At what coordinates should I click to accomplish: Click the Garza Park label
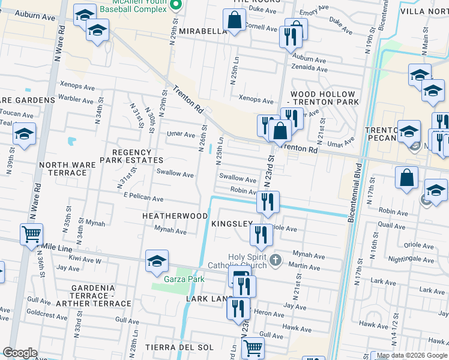pos(184,279)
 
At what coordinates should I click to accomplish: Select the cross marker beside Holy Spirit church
pos(276,260)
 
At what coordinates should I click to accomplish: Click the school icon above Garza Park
pos(157,261)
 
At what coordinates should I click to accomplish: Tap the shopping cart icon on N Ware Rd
pos(31,233)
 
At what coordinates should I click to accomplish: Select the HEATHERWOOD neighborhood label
pos(175,215)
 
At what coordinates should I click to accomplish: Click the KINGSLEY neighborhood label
pos(232,224)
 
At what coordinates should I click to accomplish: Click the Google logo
pos(20,353)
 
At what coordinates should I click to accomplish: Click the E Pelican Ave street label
pos(143,198)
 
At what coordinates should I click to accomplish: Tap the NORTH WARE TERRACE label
pos(62,169)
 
